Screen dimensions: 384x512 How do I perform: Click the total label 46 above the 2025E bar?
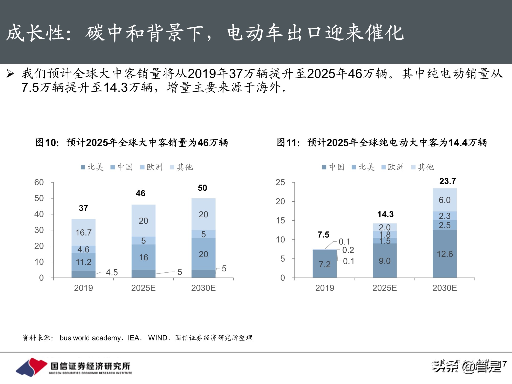141,193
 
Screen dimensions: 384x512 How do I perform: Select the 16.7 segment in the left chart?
83,232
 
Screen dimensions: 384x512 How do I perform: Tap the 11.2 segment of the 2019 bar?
83,262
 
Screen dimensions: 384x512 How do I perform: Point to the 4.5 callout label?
112,272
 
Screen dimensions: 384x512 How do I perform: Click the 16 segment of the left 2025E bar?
143,257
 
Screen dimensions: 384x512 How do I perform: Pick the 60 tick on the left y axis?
39,183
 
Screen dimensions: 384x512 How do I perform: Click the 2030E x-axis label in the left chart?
203,288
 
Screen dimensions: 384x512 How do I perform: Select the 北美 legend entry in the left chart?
92,167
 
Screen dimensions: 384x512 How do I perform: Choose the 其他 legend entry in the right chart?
423,167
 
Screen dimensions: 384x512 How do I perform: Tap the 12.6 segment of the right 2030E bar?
445,254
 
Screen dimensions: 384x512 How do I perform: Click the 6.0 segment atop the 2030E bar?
445,200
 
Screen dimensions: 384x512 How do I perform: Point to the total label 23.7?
447,181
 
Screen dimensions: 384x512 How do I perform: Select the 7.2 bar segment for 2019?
325,264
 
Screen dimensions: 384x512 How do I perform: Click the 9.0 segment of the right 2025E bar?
385,261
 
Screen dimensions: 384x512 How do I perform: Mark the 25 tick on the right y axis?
280,183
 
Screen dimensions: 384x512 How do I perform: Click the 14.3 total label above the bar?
385,214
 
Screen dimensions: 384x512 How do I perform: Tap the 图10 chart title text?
132,143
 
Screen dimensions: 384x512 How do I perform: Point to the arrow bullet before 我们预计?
10,74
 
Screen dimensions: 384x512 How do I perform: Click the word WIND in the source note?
158,338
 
